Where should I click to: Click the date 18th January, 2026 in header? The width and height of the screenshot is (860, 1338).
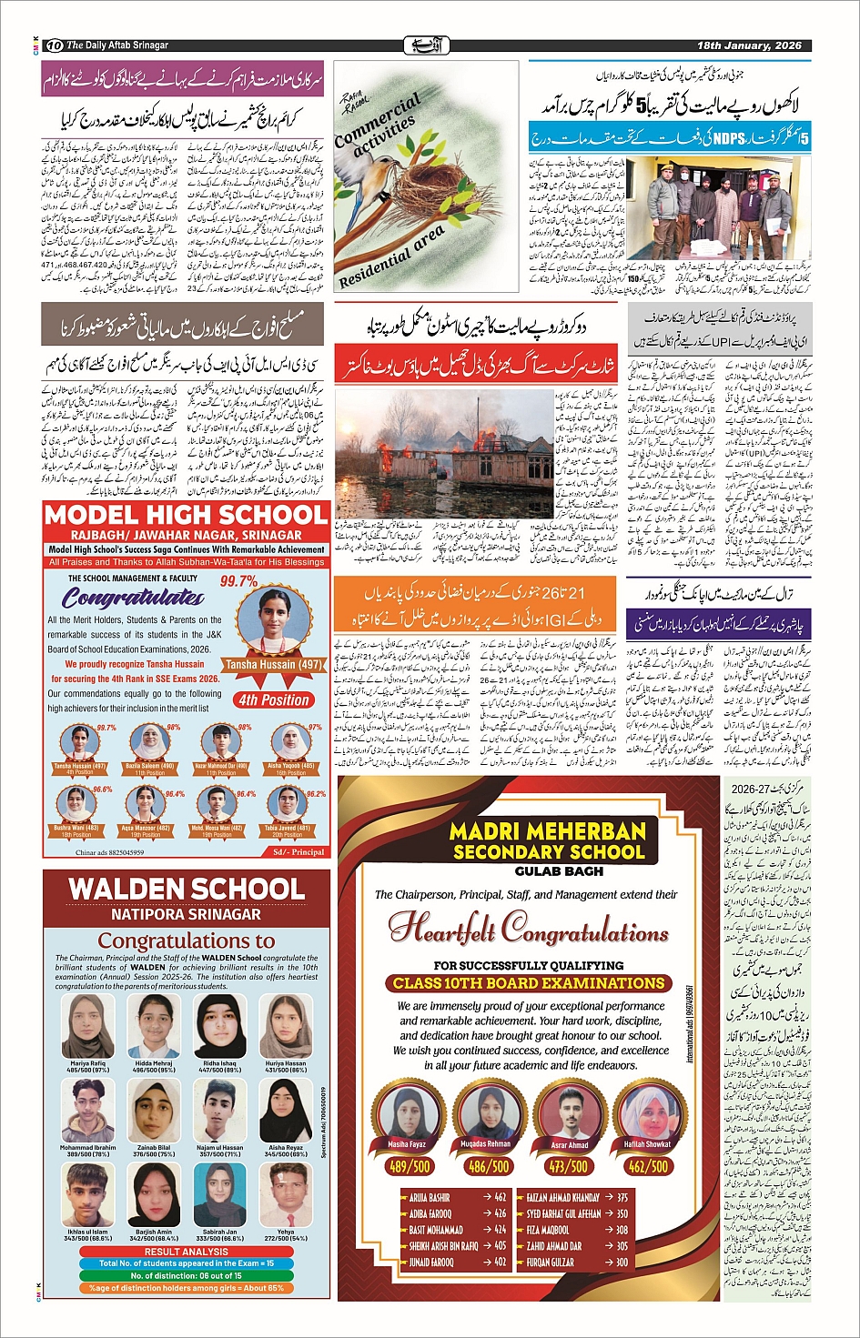tap(749, 45)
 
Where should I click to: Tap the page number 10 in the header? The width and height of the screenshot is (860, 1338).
tap(55, 45)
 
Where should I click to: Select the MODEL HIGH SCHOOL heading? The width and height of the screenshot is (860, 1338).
tap(186, 515)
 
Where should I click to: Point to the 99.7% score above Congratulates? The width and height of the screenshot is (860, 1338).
tap(238, 581)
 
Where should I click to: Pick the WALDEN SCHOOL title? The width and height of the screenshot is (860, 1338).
tap(187, 889)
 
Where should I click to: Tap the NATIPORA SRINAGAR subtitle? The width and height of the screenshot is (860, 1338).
tap(186, 914)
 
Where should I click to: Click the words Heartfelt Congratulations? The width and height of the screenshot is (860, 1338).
tap(528, 930)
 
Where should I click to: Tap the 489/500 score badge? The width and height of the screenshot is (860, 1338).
tap(410, 1166)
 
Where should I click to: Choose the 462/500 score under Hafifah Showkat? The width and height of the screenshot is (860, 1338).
tap(648, 1166)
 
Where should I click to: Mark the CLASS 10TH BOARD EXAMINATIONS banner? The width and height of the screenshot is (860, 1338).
tap(529, 983)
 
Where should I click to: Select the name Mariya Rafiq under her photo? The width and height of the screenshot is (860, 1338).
tap(87, 1063)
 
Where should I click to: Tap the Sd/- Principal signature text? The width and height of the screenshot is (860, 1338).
tap(298, 852)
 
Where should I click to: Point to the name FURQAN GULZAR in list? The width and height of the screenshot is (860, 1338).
tap(551, 1263)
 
